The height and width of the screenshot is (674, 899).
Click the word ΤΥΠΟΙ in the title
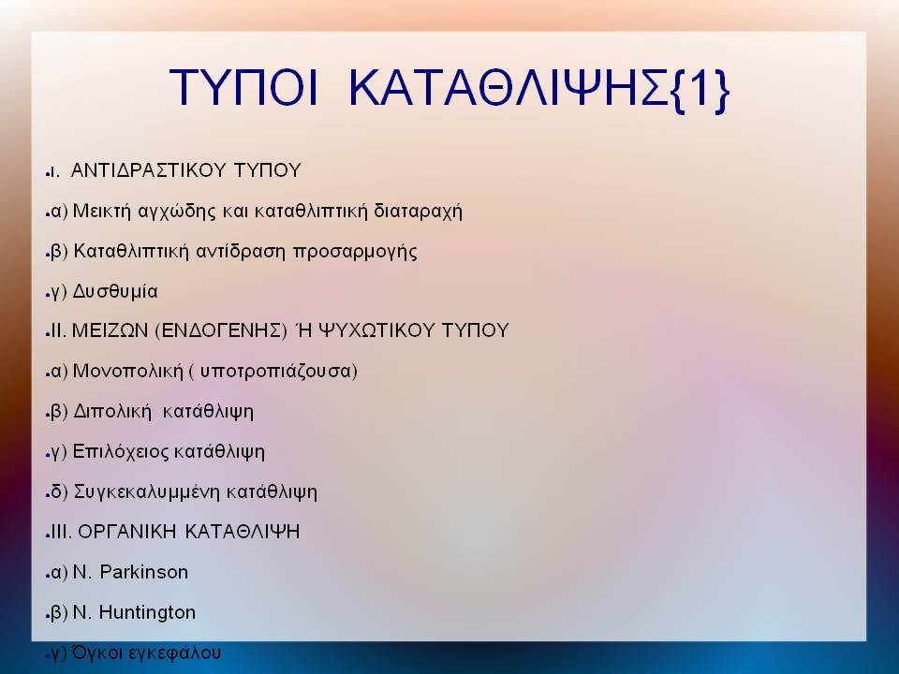coord(243,88)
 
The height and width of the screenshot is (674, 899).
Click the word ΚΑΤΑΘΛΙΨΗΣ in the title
coord(508,88)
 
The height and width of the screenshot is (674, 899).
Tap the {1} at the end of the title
coord(700,90)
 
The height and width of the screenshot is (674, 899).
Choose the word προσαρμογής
coord(355,252)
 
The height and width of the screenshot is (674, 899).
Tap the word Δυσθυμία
coord(115,292)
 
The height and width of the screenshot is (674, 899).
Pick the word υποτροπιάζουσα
coord(275,372)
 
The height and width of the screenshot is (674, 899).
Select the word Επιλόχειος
coord(120,452)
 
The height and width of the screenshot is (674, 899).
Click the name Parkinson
coord(144,572)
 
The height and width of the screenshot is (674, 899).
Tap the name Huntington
coord(147,612)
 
